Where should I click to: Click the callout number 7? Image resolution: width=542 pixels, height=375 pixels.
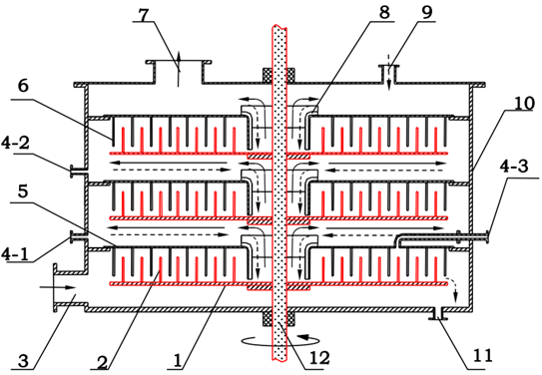(143, 14)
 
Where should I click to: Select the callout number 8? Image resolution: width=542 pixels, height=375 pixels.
(384, 13)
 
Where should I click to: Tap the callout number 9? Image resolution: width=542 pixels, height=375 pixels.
(427, 13)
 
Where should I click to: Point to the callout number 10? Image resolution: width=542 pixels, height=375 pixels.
(524, 103)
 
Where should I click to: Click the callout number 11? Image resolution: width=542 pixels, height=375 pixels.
(482, 355)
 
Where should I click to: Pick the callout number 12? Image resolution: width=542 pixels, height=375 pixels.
(319, 359)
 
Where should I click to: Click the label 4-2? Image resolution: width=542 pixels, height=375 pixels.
(15, 144)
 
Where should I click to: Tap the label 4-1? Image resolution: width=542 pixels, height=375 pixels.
(15, 254)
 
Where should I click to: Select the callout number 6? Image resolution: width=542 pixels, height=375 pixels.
(23, 86)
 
